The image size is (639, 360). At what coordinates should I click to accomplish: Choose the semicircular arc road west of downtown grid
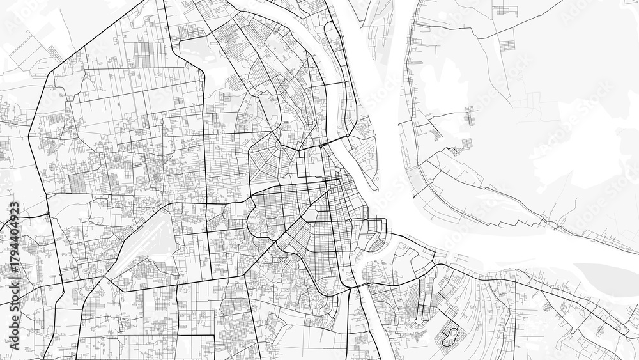[x=251, y=221]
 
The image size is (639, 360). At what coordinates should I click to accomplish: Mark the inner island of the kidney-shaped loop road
[x=451, y=333]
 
